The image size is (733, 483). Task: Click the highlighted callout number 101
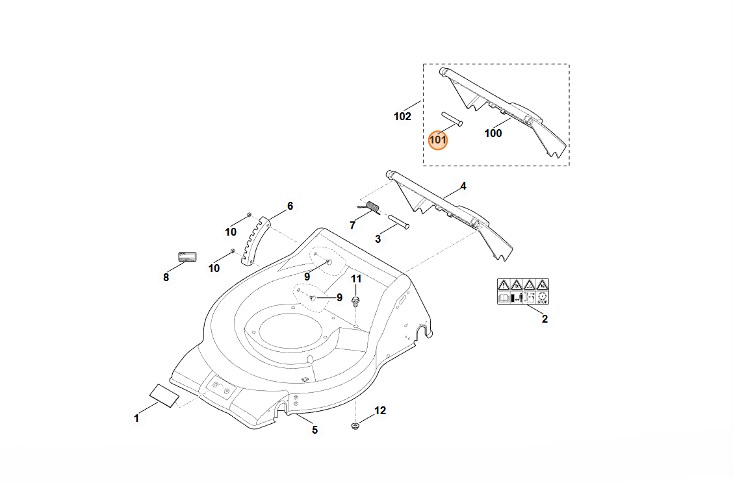tap(438, 139)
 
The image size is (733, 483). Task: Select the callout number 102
tap(403, 117)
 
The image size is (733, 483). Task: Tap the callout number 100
tap(493, 133)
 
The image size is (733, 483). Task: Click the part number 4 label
tap(463, 186)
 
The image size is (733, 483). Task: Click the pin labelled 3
tap(399, 221)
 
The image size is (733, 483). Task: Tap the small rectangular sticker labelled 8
tap(187, 256)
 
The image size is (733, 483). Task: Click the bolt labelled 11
tap(355, 300)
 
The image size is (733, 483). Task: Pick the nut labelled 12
tap(355, 426)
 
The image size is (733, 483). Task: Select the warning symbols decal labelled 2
tap(523, 291)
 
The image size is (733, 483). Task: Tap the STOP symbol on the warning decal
tap(543, 299)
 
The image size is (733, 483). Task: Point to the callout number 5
tap(315, 430)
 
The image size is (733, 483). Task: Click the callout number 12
tap(380, 410)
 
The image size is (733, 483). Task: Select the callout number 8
tap(166, 277)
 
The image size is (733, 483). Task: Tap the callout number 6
tap(290, 206)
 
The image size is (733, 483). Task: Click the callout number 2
tap(545, 319)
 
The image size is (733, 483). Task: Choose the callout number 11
tap(356, 279)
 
